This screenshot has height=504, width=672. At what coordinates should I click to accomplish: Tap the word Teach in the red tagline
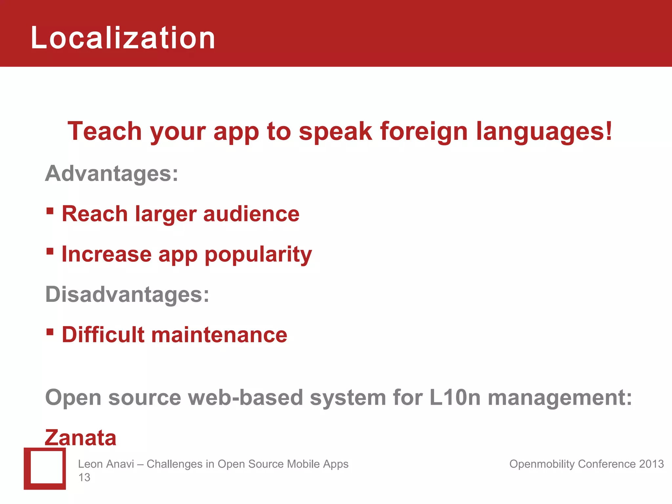[104, 131]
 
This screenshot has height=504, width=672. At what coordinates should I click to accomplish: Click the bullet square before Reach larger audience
[50, 211]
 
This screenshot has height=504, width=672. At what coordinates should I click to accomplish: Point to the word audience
[251, 214]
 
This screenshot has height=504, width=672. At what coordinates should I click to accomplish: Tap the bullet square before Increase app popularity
[50, 251]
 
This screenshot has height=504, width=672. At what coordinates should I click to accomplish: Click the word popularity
[258, 255]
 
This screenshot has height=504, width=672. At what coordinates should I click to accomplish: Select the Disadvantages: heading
[127, 294]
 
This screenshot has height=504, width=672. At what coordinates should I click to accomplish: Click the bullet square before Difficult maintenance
[50, 332]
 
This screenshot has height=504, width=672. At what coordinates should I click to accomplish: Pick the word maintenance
[219, 335]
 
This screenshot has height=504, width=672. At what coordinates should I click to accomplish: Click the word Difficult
[103, 335]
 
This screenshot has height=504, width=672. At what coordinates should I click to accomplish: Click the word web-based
[245, 397]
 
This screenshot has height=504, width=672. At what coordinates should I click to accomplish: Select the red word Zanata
[81, 438]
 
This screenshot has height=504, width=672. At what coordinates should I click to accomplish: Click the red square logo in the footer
[45, 469]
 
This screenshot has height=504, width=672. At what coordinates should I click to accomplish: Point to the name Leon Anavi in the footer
[106, 464]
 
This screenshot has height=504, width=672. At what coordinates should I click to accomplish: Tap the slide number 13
[84, 477]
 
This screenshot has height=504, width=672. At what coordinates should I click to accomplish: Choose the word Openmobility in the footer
[542, 464]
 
